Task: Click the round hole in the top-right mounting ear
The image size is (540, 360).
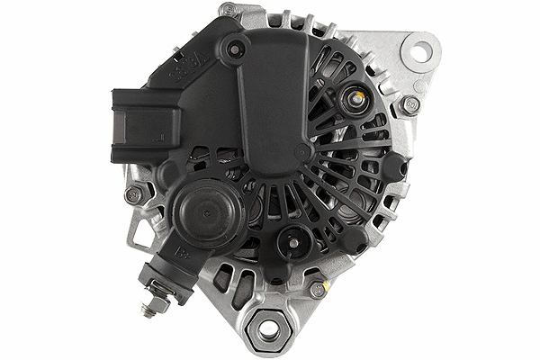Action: coord(420,49)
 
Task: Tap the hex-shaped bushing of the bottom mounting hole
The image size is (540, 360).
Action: coord(268,329)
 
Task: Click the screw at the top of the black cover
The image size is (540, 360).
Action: coord(237,47)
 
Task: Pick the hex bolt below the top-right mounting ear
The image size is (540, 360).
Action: coord(410,104)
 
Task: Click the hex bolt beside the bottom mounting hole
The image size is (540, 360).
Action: coord(317,290)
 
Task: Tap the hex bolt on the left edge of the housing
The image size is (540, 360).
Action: coord(133,194)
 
